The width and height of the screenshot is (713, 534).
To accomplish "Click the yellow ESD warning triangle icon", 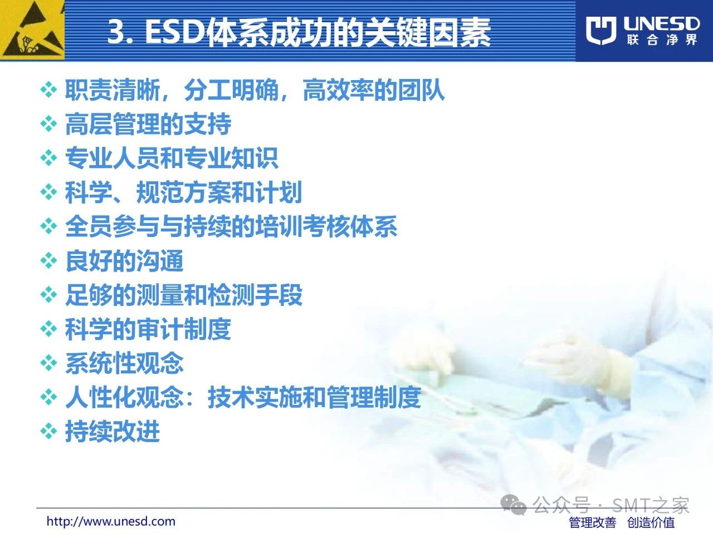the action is coord(32,30).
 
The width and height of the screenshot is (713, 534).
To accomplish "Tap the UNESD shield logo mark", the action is coord(601,31).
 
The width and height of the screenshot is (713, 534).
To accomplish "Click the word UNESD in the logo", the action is coord(661,24).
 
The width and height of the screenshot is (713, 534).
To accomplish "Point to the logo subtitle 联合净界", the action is coord(662,40).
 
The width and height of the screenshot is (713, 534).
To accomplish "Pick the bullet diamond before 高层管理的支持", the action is coord(48,124).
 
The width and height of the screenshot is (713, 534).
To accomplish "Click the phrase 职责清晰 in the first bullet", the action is coord(113,90).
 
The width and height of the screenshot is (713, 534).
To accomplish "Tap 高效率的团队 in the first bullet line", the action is coord(374,90).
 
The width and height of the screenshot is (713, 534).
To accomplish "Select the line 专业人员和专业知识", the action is coord(172,158).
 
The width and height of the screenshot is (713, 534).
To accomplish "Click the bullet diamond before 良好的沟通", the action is coord(48,260).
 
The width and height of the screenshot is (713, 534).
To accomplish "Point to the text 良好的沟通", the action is coord(124,260).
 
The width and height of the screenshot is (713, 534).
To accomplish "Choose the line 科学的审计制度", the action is coord(148,329).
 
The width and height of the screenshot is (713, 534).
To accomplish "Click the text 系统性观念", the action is coord(124,363).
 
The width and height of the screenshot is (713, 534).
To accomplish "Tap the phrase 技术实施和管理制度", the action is coord(314,397).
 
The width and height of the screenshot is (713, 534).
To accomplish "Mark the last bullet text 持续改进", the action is coord(113,431).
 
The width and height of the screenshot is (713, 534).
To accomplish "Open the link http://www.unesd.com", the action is coord(111,521).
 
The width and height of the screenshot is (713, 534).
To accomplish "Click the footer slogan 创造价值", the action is coord(651,522).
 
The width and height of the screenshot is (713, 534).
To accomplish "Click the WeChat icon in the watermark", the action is coord(513,505).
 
